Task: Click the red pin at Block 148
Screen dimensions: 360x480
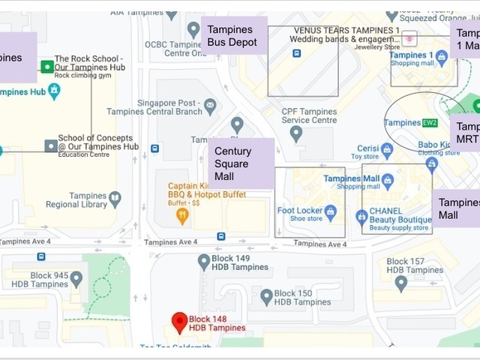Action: point(179,321)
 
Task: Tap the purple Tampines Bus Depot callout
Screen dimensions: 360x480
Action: point(233,35)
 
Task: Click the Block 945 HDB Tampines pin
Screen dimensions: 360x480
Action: point(76,277)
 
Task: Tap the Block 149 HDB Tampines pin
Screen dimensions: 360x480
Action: point(204,261)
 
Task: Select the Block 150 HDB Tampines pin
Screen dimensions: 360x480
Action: point(265,296)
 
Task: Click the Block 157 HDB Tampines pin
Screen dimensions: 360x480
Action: point(400,282)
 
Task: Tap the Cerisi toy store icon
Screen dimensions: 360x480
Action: point(387,151)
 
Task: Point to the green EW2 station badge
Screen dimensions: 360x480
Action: point(430,122)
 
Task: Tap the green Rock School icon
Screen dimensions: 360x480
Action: point(47,67)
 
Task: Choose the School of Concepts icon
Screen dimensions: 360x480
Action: point(50,145)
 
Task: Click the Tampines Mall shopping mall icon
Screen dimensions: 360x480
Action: point(387,180)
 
